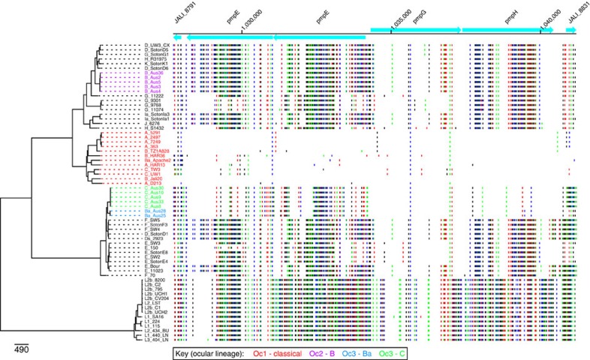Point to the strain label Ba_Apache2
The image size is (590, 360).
tap(157, 160)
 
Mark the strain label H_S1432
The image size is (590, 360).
tap(154, 127)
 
